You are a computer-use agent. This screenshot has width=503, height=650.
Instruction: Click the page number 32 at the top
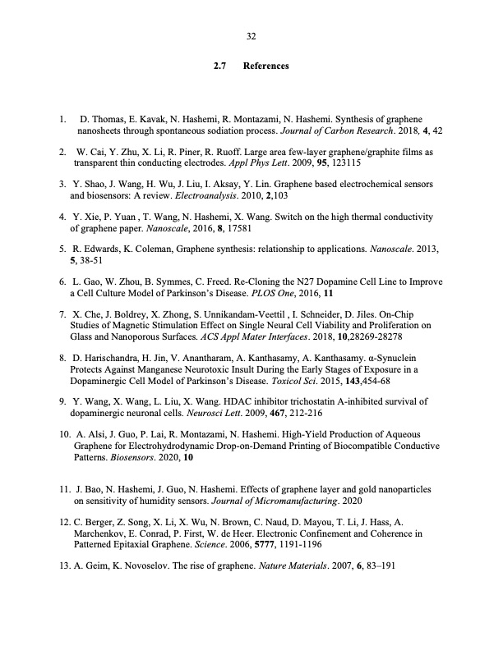pyautogui.click(x=251, y=35)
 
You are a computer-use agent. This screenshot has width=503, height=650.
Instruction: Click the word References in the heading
pyautogui.click(x=265, y=65)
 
